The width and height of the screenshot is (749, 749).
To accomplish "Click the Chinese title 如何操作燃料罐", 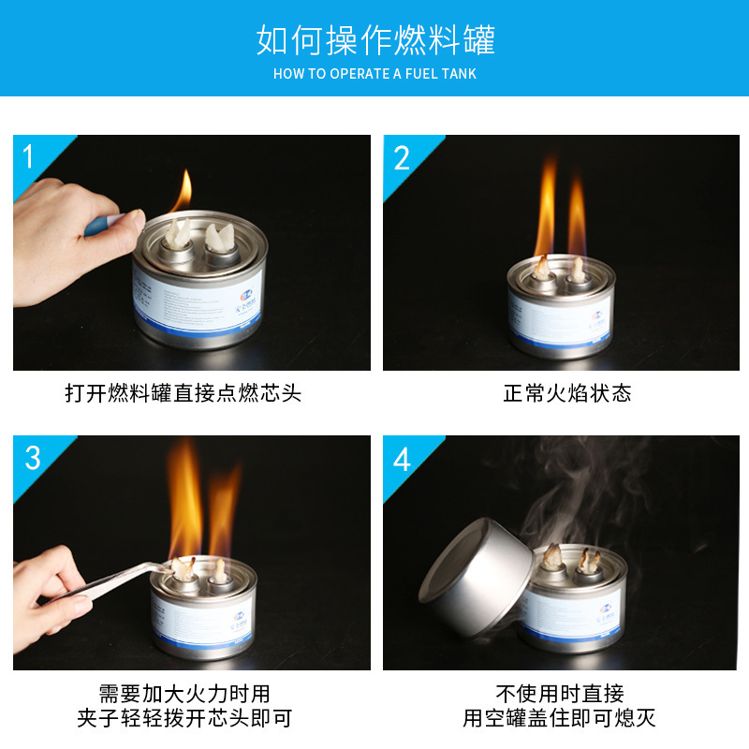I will tap(374, 40).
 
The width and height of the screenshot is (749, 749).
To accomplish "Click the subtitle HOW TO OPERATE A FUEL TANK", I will tap(374, 73).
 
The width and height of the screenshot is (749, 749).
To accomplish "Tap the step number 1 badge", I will tap(28, 155).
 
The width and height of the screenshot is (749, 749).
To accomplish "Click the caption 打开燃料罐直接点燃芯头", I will tap(183, 392).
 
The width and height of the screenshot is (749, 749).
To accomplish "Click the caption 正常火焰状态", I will tap(567, 392).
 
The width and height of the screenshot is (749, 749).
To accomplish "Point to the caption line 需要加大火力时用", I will tap(184, 694).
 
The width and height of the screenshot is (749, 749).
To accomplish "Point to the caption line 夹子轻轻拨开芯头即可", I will tap(184, 719).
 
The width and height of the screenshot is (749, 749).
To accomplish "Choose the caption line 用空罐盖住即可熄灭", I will tap(560, 719).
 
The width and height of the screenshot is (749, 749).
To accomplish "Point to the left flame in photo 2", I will tap(546, 211).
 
